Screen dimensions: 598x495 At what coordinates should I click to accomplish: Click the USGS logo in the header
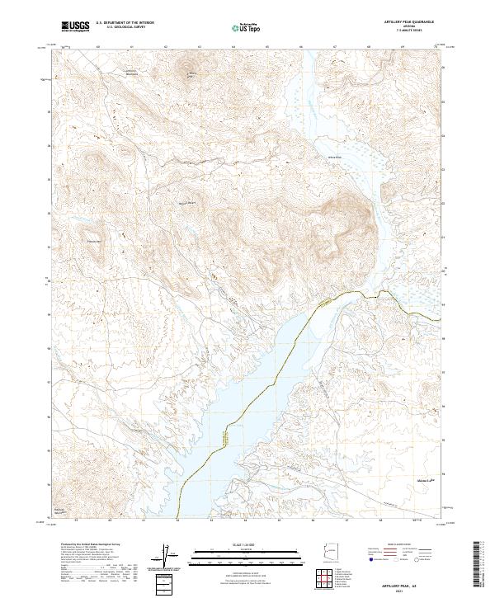point(75,26)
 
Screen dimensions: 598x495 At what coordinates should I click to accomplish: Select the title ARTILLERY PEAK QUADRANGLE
point(408,20)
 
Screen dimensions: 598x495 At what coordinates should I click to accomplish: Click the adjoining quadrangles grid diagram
point(330,580)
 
